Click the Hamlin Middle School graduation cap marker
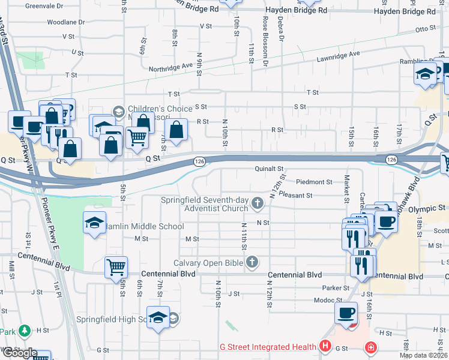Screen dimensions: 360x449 (x=95, y=223)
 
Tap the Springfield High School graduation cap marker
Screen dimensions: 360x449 (x=158, y=317)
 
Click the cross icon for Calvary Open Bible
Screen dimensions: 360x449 (x=253, y=262)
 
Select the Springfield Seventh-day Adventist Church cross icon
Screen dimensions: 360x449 (x=258, y=204)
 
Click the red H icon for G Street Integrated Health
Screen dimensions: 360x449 (x=325, y=346)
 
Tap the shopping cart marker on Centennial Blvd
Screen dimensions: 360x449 (x=115, y=266)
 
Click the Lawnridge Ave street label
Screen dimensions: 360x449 (x=339, y=54)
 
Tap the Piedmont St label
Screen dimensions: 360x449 (x=314, y=182)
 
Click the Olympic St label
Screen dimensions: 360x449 (x=429, y=208)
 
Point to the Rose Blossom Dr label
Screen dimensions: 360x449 (x=265, y=46)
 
